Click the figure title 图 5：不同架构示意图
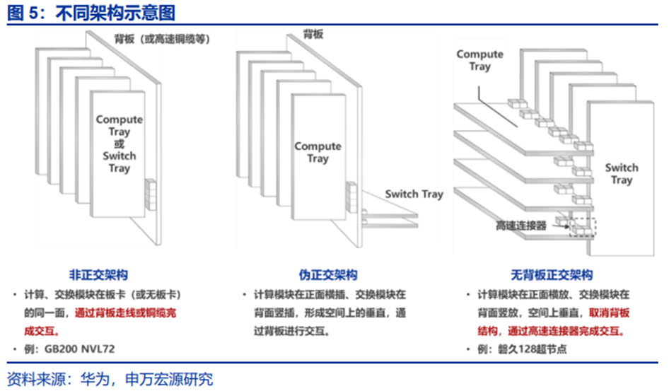pos(91,13)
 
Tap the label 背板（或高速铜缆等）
pos(162,39)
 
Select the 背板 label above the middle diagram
pos(313,33)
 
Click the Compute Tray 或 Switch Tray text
pos(119,144)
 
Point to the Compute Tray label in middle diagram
pos(318,152)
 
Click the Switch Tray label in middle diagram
pos(414,194)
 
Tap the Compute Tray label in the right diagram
pos(479,60)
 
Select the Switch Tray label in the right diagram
pos(622,174)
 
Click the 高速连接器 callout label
pos(521,226)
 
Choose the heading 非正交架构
pos(98,274)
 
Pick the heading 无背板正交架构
pos(552,274)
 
